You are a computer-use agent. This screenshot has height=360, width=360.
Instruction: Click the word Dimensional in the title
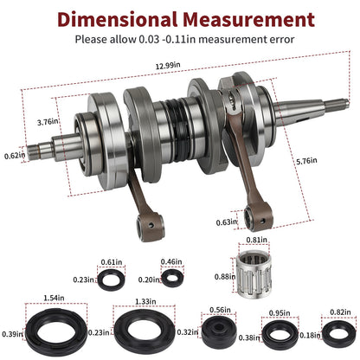tap(117, 19)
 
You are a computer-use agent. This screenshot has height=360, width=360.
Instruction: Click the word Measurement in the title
tap(248, 19)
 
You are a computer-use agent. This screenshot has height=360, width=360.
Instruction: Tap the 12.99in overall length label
tap(168, 66)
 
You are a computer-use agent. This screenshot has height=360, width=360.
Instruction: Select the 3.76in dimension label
tap(48, 122)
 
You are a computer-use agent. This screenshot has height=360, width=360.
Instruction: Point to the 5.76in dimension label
tap(306, 161)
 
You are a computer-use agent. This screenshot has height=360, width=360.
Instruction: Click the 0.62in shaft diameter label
tap(15, 156)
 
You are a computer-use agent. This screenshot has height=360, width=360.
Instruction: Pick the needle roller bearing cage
tap(253, 274)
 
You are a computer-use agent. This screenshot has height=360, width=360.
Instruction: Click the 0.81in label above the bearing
tap(256, 240)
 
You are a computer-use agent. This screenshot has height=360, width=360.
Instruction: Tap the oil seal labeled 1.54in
tap(56, 331)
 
